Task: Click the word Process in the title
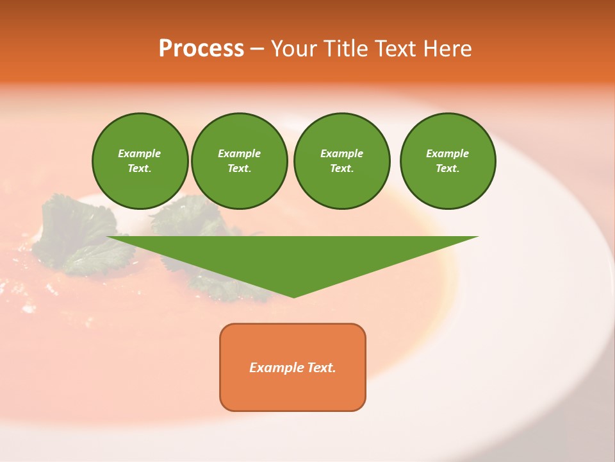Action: (x=201, y=49)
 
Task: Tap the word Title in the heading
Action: (x=341, y=49)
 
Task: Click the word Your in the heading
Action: (x=293, y=49)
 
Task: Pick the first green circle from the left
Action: (x=140, y=160)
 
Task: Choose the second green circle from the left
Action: (x=239, y=160)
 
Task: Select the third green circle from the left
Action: (x=341, y=160)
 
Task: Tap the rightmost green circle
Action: (x=447, y=160)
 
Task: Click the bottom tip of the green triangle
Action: (x=293, y=296)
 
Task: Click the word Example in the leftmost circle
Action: (x=140, y=153)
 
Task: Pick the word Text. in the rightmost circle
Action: (x=447, y=168)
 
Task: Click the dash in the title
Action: (x=257, y=49)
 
